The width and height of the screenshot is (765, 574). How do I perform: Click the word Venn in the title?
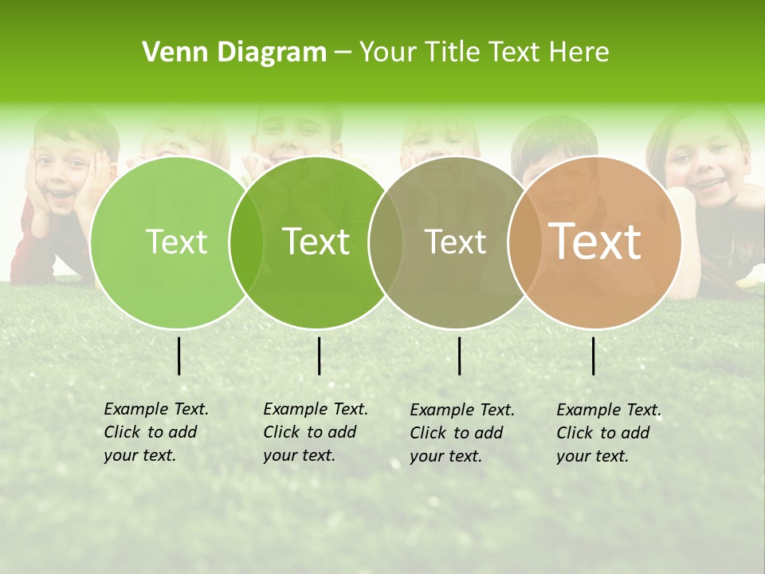pos(171,53)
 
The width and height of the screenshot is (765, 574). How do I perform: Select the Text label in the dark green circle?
pos(316,242)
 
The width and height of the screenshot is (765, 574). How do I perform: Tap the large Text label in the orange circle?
pos(595,242)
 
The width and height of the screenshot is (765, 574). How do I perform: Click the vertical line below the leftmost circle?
pos(178,356)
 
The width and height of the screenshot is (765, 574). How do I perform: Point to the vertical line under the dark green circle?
pos(319,356)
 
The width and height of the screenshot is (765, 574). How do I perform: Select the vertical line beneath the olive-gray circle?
pos(459,356)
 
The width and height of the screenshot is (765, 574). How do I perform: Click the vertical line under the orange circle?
pos(593,356)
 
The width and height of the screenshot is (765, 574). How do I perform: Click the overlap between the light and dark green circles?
pos(246,242)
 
